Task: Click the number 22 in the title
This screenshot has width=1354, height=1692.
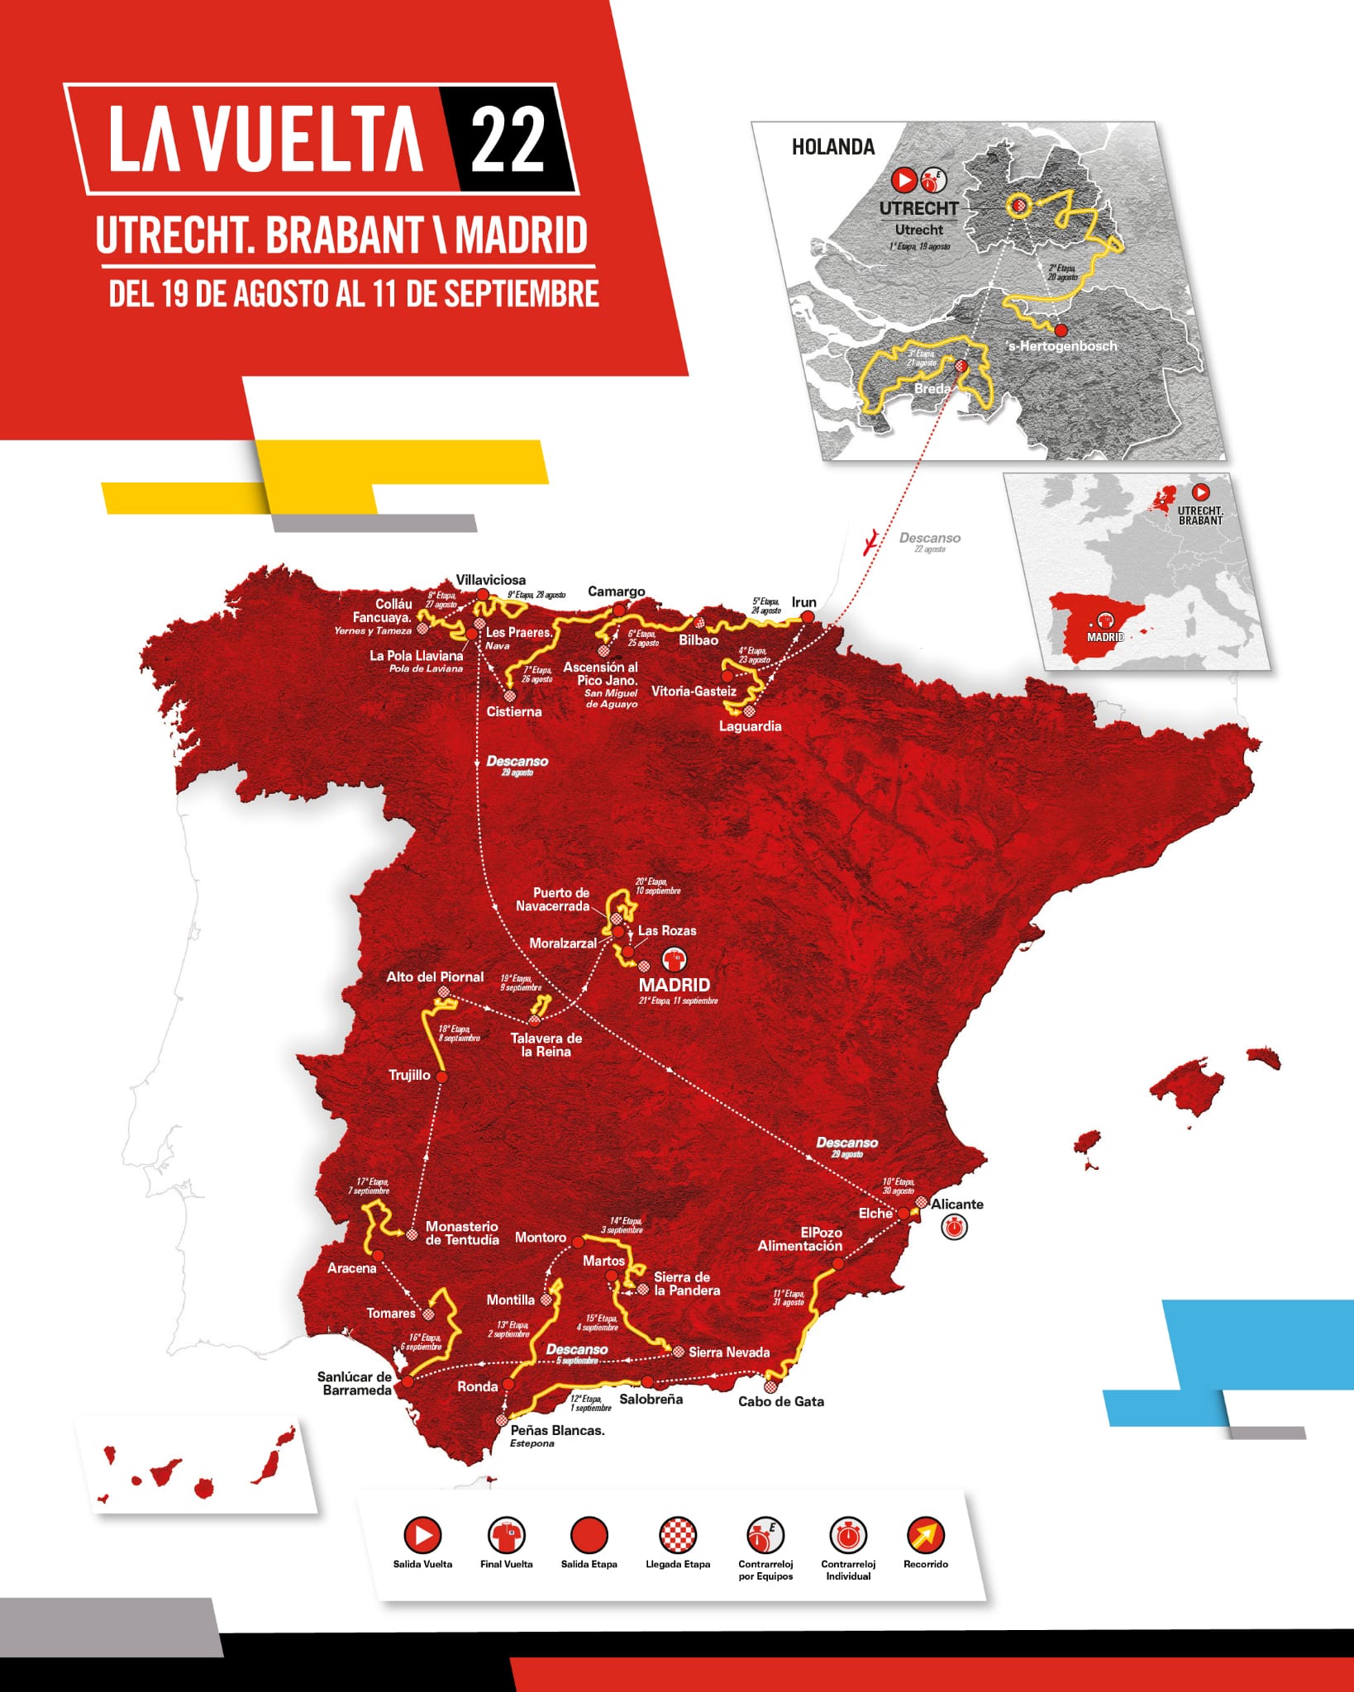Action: [508, 139]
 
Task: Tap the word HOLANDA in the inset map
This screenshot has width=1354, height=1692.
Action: [832, 147]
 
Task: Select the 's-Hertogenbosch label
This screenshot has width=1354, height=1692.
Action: [1062, 346]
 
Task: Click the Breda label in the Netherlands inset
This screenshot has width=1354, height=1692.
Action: [932, 388]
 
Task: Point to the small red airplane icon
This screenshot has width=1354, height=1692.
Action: [870, 543]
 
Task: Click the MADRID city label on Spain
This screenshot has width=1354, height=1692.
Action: [674, 985]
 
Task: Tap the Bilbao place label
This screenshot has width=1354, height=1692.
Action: [698, 639]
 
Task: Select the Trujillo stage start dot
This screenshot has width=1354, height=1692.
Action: [441, 1077]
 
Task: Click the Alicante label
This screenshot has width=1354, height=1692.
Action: [957, 1204]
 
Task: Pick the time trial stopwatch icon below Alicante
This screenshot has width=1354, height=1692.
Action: [955, 1228]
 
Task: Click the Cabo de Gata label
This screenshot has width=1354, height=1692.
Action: [780, 1401]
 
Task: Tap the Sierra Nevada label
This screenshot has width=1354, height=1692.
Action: [728, 1352]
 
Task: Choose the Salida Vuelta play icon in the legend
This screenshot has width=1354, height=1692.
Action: [422, 1535]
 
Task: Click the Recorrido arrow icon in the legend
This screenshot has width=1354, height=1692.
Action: [925, 1535]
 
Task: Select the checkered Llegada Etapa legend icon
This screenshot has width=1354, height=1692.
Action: [678, 1535]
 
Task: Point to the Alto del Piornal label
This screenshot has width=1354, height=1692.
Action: [435, 977]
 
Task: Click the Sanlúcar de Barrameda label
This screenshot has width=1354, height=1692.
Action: [355, 1383]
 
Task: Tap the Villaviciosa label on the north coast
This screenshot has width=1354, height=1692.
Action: [490, 580]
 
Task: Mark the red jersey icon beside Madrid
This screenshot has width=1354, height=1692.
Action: [675, 960]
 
